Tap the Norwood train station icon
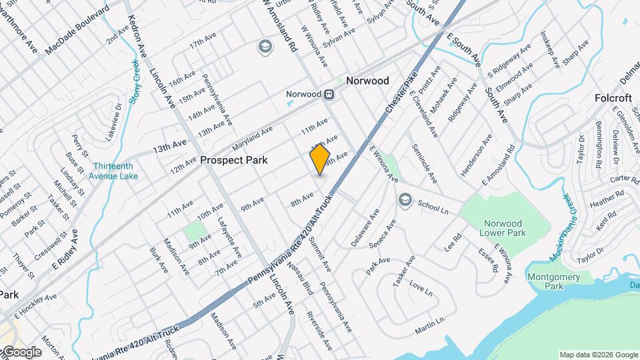(329, 94)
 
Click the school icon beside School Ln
(405, 200)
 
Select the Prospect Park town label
(233, 160)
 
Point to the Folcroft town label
(613, 98)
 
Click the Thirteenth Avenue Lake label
(115, 171)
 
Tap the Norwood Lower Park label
(503, 228)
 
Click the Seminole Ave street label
(425, 163)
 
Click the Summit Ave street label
(319, 253)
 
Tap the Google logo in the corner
(21, 352)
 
